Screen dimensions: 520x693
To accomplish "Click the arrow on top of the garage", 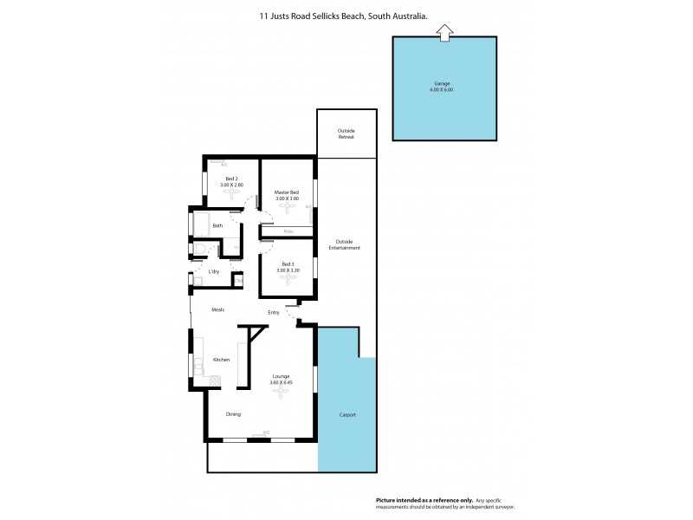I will [444, 33].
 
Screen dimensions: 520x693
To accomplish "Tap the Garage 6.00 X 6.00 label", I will [444, 87].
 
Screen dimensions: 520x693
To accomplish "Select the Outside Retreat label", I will [346, 133].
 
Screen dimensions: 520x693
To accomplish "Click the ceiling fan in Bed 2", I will [231, 194].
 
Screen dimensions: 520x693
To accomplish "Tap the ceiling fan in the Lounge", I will [281, 391].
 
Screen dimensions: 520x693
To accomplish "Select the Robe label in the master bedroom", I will [288, 231].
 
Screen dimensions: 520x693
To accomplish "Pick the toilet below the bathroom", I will [199, 250].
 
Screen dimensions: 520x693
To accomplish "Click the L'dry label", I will [213, 272].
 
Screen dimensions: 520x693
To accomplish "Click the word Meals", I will [217, 309].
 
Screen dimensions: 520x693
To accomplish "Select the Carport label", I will [346, 415].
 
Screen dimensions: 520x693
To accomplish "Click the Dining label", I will [233, 414].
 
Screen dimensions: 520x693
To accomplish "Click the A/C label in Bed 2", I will [223, 164].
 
